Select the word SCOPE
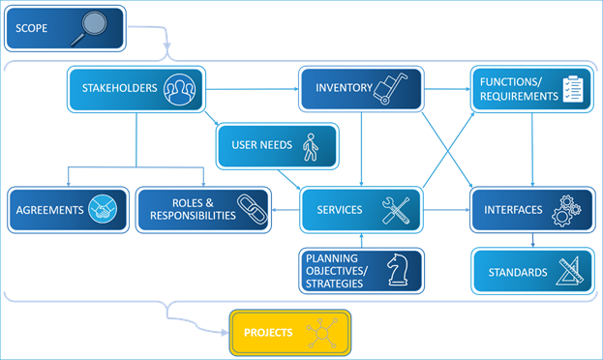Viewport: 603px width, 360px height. [32, 28]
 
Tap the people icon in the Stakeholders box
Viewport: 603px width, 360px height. [179, 89]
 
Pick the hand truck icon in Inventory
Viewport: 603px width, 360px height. [393, 88]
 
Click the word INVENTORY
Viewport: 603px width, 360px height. [344, 88]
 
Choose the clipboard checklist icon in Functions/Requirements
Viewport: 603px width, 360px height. [577, 89]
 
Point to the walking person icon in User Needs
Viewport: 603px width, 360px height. [310, 146]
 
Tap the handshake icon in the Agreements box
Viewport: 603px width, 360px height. [104, 210]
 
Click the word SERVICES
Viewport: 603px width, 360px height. [340, 210]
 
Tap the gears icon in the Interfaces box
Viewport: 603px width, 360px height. [565, 211]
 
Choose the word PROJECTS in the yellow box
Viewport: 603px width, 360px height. [268, 333]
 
